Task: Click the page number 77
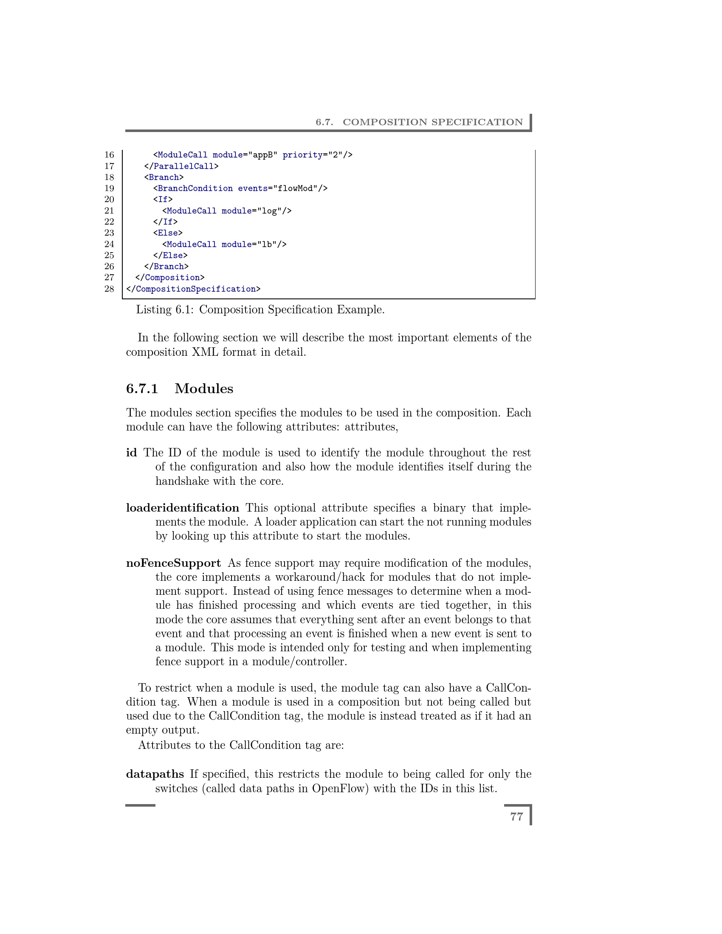(x=516, y=816)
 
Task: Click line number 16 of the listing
(x=109, y=155)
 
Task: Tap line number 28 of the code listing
(x=109, y=289)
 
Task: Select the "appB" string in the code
(x=262, y=155)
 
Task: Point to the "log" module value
(x=269, y=211)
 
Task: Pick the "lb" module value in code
(x=266, y=244)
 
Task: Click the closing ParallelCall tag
(x=181, y=166)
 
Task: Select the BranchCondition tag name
(x=195, y=188)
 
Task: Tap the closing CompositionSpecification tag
(x=193, y=289)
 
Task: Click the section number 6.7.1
(x=142, y=388)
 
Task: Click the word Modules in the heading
(x=204, y=388)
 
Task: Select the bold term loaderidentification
(x=182, y=508)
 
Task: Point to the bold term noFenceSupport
(x=173, y=563)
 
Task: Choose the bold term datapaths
(x=155, y=774)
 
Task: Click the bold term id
(x=131, y=453)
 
